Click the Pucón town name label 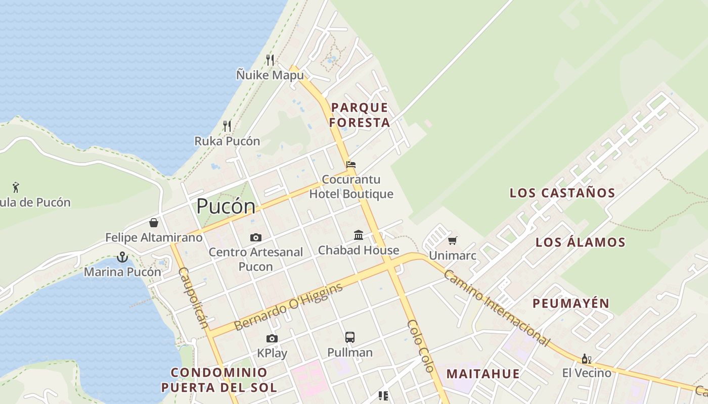click(x=226, y=206)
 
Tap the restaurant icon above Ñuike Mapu click(x=270, y=60)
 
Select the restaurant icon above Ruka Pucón click(x=227, y=126)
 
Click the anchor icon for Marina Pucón click(x=122, y=257)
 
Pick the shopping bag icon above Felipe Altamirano click(x=154, y=223)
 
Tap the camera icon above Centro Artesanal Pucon click(x=256, y=237)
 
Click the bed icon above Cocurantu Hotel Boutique click(x=351, y=165)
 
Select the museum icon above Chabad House click(x=359, y=235)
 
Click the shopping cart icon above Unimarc click(x=452, y=241)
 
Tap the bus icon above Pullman click(x=349, y=337)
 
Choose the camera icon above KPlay click(x=272, y=338)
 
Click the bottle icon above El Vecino click(x=587, y=359)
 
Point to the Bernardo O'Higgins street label click(x=289, y=307)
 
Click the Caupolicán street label click(x=193, y=297)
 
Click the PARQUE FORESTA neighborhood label click(x=360, y=115)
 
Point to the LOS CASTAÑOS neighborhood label click(x=562, y=192)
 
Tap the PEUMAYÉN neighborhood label click(x=571, y=303)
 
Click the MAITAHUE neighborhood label click(x=483, y=374)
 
